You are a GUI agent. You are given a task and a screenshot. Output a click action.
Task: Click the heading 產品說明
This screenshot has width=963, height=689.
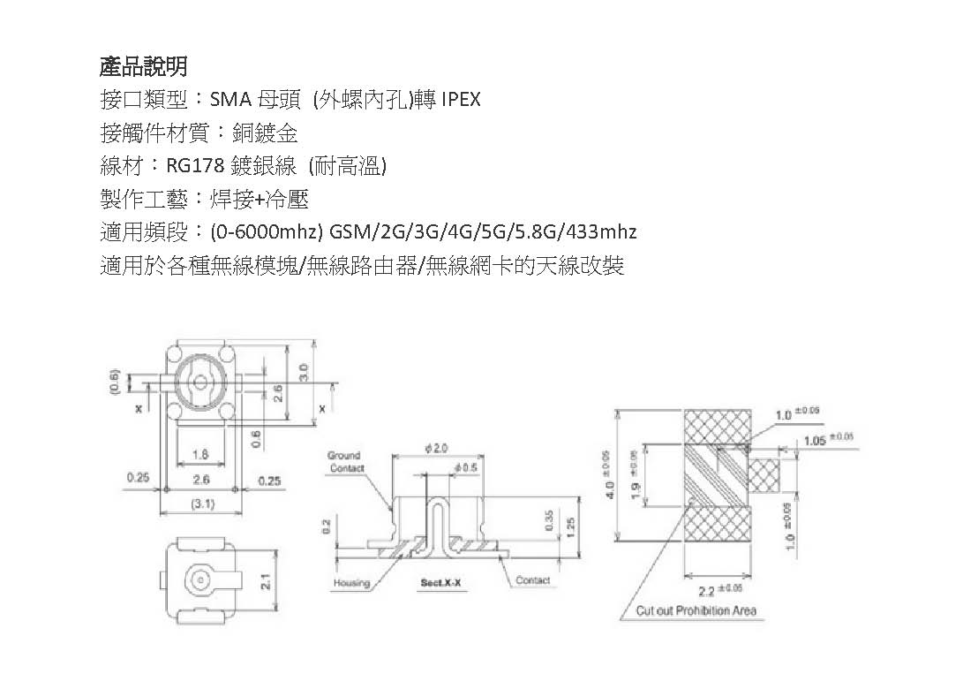click(x=142, y=66)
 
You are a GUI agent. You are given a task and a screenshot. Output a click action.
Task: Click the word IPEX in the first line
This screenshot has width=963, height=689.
click(x=456, y=99)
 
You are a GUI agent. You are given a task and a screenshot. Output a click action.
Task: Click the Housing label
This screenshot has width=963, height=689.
click(x=350, y=583)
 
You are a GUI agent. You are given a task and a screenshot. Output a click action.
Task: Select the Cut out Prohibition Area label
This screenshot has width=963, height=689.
click(x=696, y=610)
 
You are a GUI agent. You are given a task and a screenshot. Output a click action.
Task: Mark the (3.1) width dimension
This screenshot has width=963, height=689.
click(x=200, y=504)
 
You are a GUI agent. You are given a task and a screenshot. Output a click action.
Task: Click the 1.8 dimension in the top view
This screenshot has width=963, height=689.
click(x=199, y=454)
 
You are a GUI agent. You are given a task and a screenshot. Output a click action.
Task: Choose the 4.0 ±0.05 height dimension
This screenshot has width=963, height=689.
click(x=607, y=477)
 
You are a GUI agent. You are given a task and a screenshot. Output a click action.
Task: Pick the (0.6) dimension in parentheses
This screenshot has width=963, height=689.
click(x=114, y=381)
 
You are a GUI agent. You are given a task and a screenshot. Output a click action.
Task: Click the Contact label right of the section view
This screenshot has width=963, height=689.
click(x=532, y=580)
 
